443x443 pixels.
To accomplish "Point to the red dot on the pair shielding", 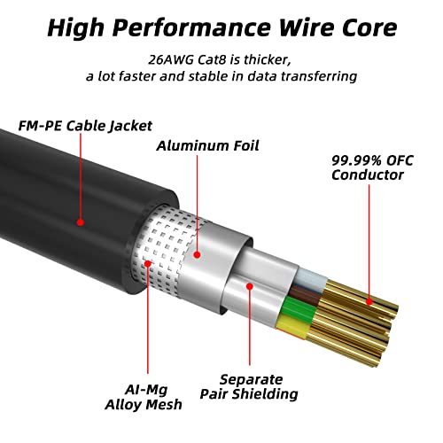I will pyautogui.click(x=250, y=288).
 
